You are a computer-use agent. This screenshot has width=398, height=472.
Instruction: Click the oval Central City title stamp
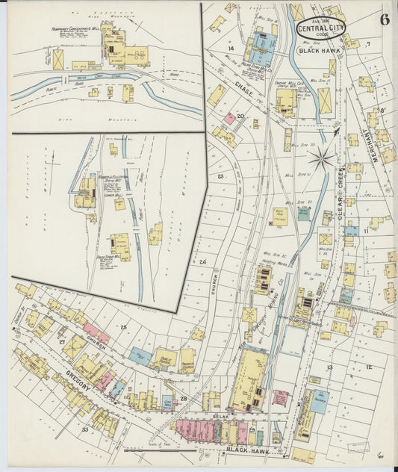[320, 28]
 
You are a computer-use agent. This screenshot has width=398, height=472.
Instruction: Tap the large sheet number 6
[384, 19]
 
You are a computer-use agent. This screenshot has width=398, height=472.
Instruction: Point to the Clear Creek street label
[338, 196]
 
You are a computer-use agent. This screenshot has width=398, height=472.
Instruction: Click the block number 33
[85, 430]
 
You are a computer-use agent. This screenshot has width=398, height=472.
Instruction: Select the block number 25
[123, 327]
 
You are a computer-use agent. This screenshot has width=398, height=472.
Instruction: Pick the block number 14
[231, 49]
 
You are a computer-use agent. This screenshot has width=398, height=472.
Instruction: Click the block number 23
[220, 176]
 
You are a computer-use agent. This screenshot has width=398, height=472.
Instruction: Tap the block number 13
[328, 367]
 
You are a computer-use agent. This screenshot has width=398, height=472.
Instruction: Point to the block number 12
[369, 367]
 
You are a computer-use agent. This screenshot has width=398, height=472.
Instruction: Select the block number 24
[202, 262]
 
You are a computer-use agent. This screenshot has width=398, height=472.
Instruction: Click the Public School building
[164, 358]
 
